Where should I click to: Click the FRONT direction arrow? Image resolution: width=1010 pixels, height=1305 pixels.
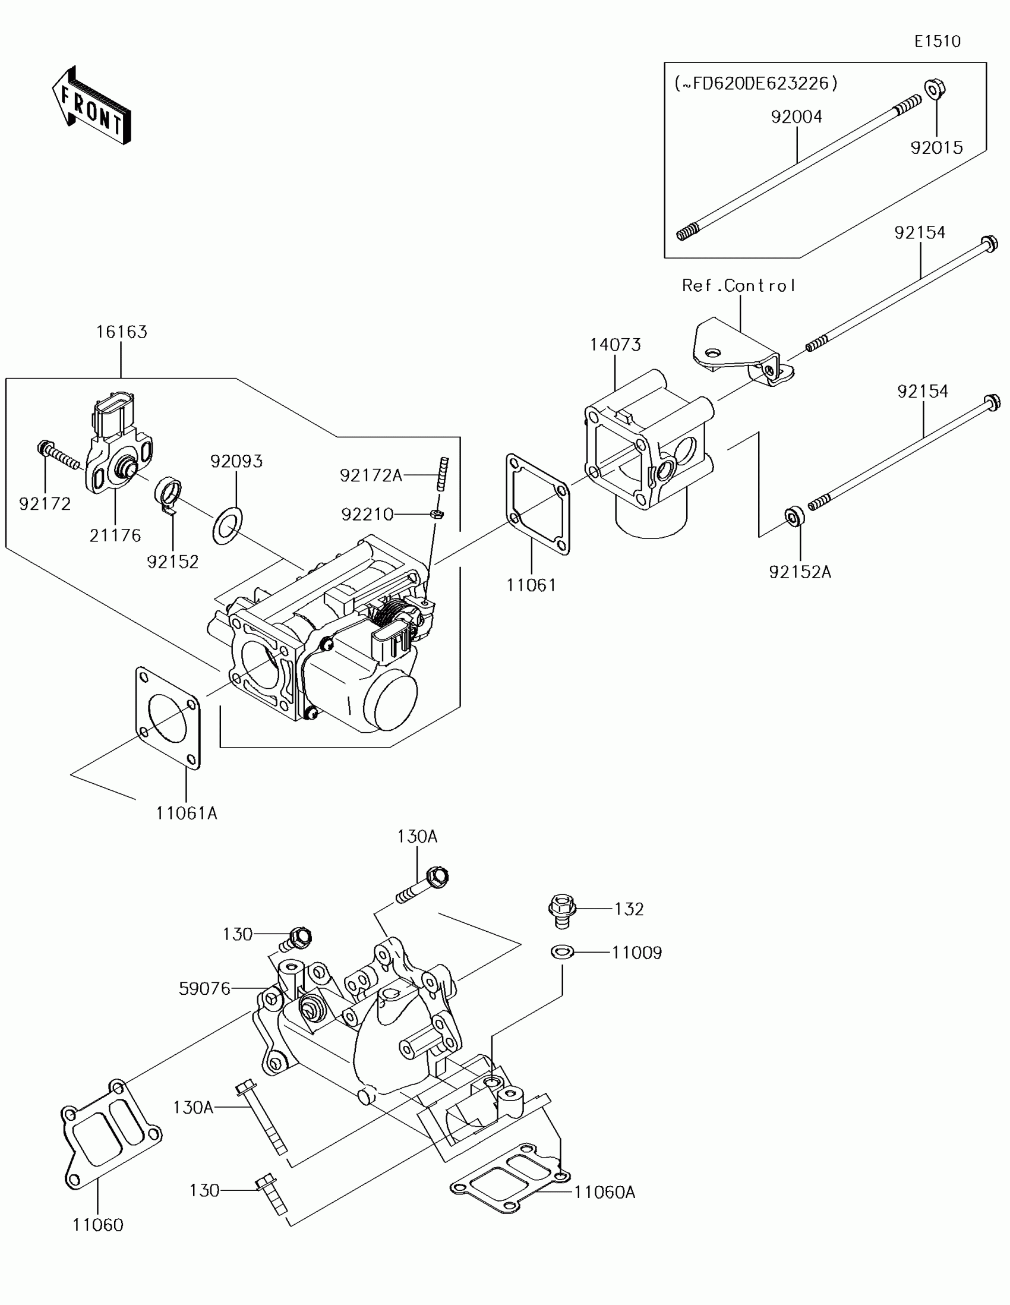[x=91, y=106]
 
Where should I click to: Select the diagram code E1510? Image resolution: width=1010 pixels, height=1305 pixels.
[x=937, y=41]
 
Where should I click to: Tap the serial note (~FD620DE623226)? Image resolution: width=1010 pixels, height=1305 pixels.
[x=756, y=84]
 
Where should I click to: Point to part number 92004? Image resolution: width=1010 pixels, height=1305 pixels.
[x=796, y=116]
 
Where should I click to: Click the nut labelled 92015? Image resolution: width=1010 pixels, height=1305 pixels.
[x=935, y=90]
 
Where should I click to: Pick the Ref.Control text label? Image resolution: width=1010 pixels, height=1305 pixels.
[x=739, y=286]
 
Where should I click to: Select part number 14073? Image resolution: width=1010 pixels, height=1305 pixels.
[x=615, y=345]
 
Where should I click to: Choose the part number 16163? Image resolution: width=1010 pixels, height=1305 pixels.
[x=122, y=332]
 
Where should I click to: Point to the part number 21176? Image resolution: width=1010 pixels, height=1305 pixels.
[x=115, y=535]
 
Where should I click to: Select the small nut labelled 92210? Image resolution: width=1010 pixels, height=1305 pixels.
[x=437, y=514]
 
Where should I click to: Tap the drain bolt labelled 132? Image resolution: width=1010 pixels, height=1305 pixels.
[x=561, y=910]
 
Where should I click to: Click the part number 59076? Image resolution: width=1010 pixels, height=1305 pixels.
[x=204, y=989]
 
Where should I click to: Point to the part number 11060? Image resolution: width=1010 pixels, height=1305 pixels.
[x=98, y=1225]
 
